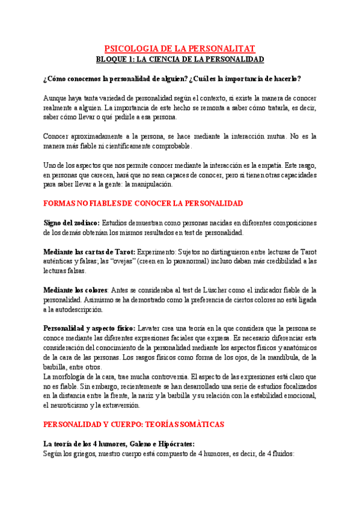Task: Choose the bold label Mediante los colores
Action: (x=79, y=290)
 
